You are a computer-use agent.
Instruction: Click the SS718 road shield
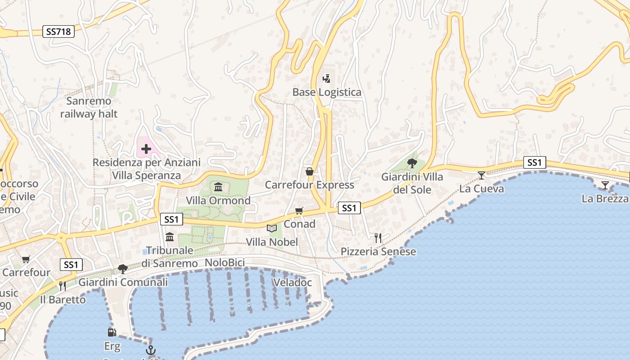[58, 31]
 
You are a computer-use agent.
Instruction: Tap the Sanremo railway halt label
[89, 108]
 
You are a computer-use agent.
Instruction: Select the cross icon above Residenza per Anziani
[146, 148]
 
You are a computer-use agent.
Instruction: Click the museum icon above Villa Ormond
[218, 187]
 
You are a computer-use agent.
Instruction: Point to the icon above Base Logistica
[327, 79]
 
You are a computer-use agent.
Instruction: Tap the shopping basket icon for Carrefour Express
[310, 171]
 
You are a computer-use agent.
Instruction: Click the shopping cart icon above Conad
[299, 211]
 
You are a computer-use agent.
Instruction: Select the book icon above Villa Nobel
[271, 229]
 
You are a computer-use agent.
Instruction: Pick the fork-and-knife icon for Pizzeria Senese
[378, 238]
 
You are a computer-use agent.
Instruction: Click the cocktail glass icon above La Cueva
[481, 175]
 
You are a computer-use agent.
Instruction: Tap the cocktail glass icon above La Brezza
[605, 185]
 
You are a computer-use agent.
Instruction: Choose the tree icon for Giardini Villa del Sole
[412, 163]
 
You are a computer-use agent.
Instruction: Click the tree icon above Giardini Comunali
[122, 269]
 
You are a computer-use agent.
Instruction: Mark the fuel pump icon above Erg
[112, 333]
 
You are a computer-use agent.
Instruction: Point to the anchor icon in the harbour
[150, 350]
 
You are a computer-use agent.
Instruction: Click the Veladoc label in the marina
[292, 283]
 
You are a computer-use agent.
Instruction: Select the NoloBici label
[225, 263]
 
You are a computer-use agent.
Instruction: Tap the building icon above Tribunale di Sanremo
[170, 237]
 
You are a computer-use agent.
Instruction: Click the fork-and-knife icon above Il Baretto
[63, 286]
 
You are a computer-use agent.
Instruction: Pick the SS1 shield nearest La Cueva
[535, 162]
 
